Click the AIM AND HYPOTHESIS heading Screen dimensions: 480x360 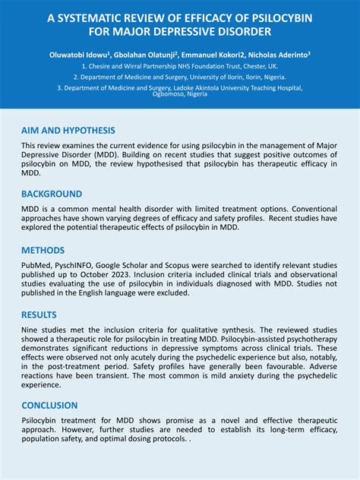68,131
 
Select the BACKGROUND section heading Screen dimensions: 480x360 52,194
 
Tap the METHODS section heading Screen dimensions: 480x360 43,250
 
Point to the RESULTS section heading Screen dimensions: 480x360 39,314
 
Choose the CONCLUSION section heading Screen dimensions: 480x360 49,405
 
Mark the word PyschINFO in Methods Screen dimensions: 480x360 81,268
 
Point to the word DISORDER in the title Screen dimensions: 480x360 238,32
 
